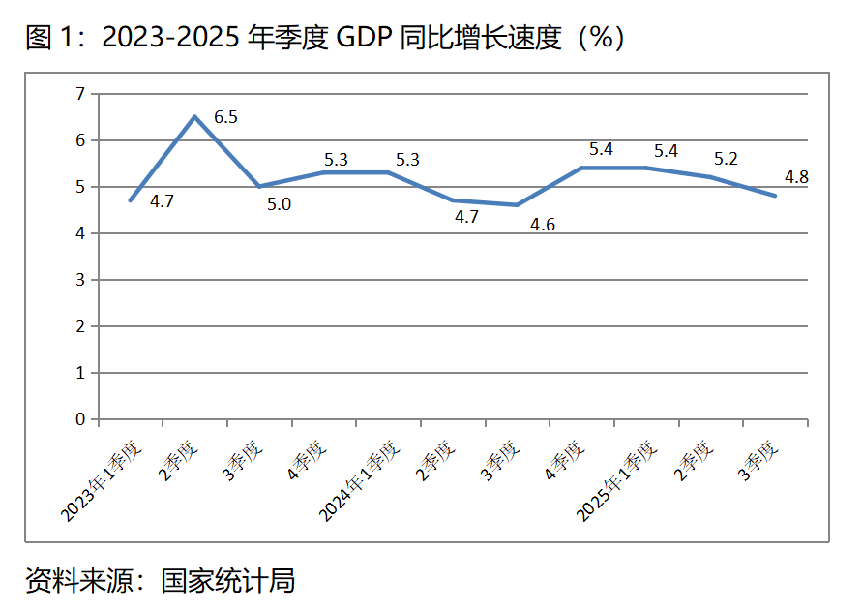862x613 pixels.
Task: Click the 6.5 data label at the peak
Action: tap(225, 117)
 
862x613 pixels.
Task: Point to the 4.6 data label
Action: tap(542, 224)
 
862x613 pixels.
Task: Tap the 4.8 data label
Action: tap(796, 177)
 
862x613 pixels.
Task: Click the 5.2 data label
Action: tap(726, 159)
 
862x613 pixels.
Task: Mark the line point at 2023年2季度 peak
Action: tap(194, 117)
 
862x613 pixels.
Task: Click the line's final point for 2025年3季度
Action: tap(775, 196)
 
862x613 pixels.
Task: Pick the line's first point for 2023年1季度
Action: tap(130, 200)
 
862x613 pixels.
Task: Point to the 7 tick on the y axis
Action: tap(81, 94)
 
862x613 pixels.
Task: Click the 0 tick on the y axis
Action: tap(81, 419)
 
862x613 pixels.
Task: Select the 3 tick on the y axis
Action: tap(81, 280)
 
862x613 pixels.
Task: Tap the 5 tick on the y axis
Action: tap(81, 187)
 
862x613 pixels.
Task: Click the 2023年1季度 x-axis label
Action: tap(104, 482)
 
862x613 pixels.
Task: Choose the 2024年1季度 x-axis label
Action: tap(361, 482)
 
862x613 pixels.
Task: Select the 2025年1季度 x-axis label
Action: tap(619, 482)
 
